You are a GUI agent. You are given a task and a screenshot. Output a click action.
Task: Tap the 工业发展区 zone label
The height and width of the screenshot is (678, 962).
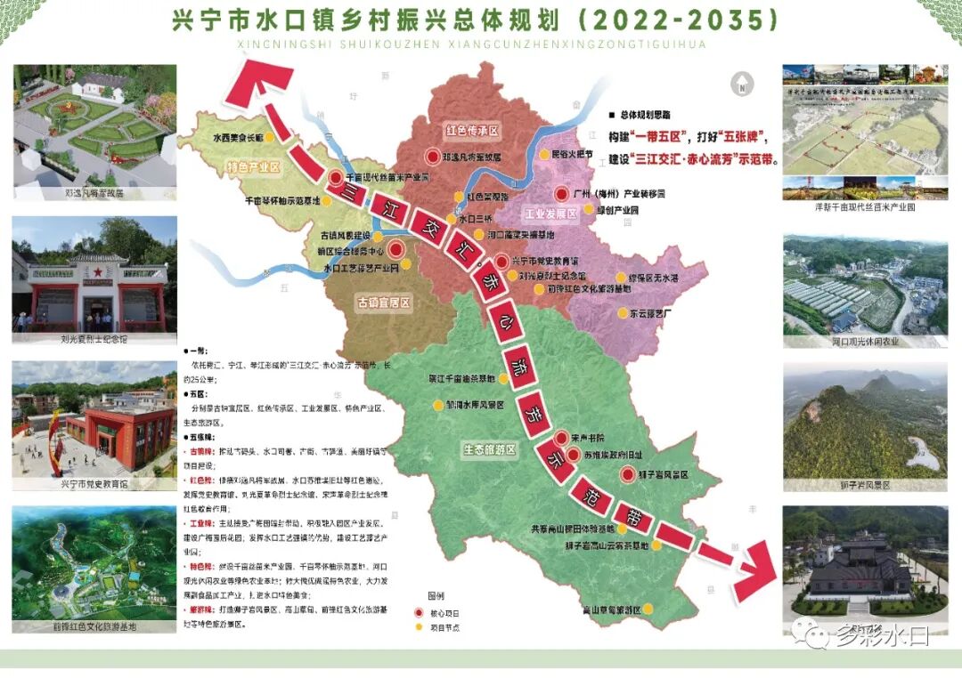(x=551, y=214)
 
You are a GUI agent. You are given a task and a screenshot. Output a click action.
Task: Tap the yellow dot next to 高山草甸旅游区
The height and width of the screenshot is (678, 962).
(x=648, y=609)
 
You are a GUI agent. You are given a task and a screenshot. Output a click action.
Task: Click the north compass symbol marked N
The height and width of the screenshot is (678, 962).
(x=738, y=85)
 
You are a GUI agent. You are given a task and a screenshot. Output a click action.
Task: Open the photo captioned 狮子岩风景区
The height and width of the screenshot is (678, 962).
(x=864, y=419)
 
